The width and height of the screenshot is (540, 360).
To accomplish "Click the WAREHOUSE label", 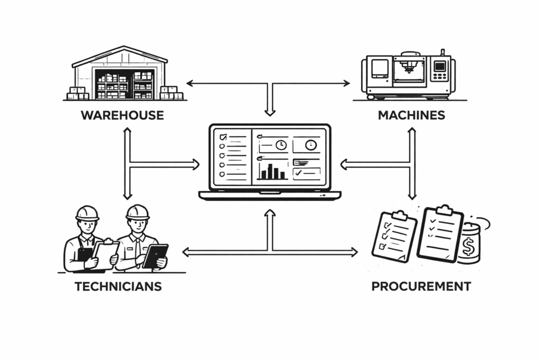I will point(122,115).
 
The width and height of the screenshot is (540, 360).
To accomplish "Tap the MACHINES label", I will point(411,115).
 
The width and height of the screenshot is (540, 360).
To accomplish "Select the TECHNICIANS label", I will point(118,287).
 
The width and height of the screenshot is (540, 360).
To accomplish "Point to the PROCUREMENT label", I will point(421,287).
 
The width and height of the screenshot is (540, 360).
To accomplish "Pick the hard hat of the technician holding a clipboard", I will point(88,212).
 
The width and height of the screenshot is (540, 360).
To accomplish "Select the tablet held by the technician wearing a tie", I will point(155,256).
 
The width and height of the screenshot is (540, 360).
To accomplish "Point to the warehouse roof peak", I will point(120,47).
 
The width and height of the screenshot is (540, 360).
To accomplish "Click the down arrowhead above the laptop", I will point(270,112).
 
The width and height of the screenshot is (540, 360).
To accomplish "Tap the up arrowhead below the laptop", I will point(270,212).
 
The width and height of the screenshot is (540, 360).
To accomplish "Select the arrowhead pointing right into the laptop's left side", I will point(196,164).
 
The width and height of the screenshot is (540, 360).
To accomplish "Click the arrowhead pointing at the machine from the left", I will point(346,83).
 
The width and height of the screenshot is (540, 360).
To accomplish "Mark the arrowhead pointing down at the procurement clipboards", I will point(412,196).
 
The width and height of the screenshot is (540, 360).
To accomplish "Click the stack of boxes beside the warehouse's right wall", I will point(171,93).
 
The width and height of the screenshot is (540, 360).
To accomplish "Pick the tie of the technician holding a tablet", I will point(137,245).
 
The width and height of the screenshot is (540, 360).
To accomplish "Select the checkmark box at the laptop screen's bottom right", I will point(306,173).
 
